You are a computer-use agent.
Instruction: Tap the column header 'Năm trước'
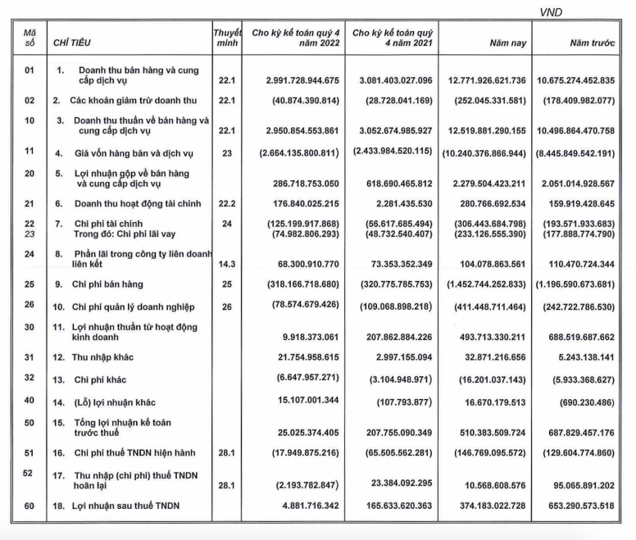(x=585, y=39)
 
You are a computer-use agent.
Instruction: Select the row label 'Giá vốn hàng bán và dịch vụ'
(x=134, y=152)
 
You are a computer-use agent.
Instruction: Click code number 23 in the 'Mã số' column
(x=30, y=233)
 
